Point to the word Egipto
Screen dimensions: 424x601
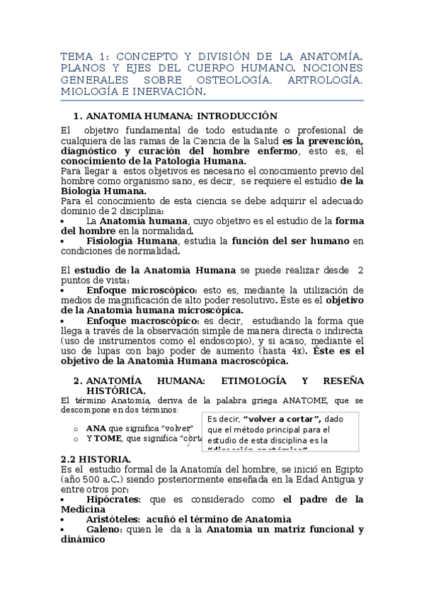(346, 469)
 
